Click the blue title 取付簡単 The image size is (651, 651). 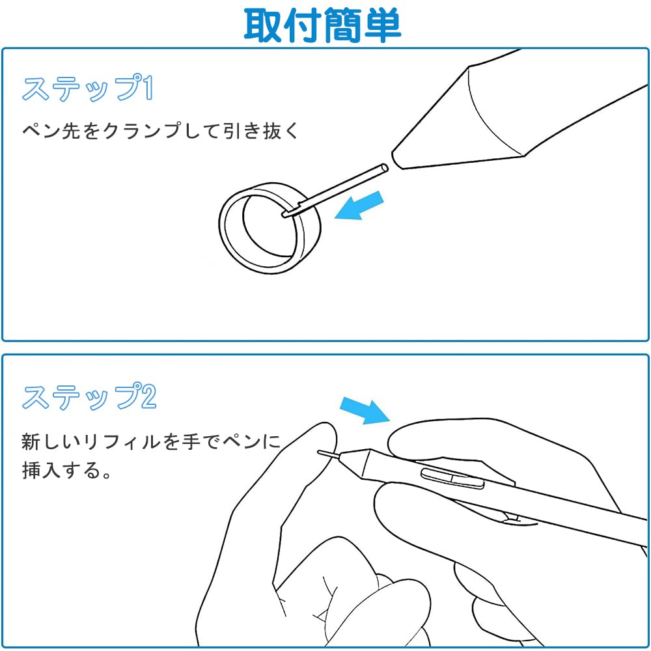(322, 25)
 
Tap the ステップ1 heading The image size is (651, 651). (88, 89)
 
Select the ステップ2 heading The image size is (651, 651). (89, 397)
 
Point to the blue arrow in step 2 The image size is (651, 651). (365, 411)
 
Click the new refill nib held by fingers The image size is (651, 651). (328, 454)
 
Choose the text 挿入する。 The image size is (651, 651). (66, 470)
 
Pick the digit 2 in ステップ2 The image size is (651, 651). (148, 397)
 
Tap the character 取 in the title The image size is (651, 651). (263, 25)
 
